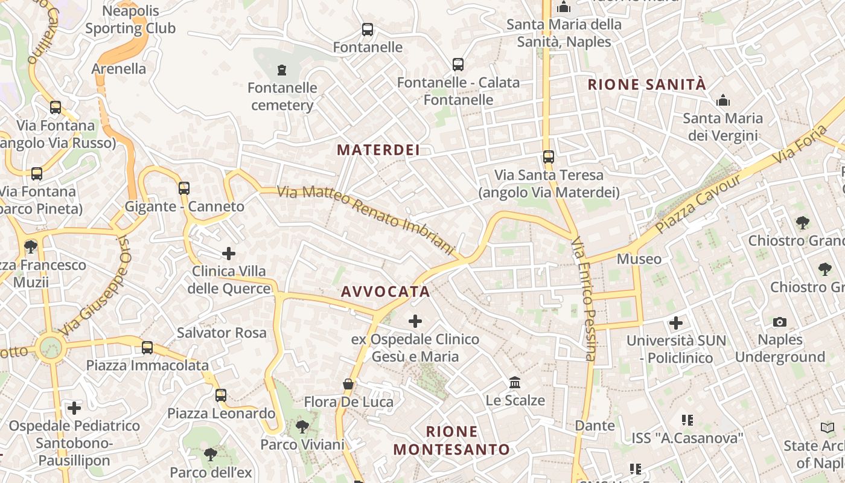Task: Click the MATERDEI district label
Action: tap(378, 150)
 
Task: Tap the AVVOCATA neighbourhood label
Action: tap(385, 292)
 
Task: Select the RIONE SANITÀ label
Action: tap(646, 85)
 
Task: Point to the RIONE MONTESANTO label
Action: tap(451, 441)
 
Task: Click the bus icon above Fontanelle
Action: tap(367, 29)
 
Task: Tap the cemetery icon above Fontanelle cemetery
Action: tap(282, 70)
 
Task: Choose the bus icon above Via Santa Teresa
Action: tap(548, 157)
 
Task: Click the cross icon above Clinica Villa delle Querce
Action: tap(229, 254)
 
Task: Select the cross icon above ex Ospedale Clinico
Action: tap(415, 321)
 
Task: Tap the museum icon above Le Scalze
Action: tap(515, 383)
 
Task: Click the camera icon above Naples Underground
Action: tap(779, 322)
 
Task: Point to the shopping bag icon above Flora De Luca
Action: tap(348, 384)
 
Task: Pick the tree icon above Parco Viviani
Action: tap(302, 427)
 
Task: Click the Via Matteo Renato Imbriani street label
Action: tap(365, 220)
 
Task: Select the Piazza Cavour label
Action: tap(698, 205)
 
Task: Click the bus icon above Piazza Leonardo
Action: tap(221, 395)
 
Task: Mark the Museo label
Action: tap(639, 259)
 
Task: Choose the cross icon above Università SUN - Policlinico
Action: tap(676, 323)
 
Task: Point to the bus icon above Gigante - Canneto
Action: tap(184, 188)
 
